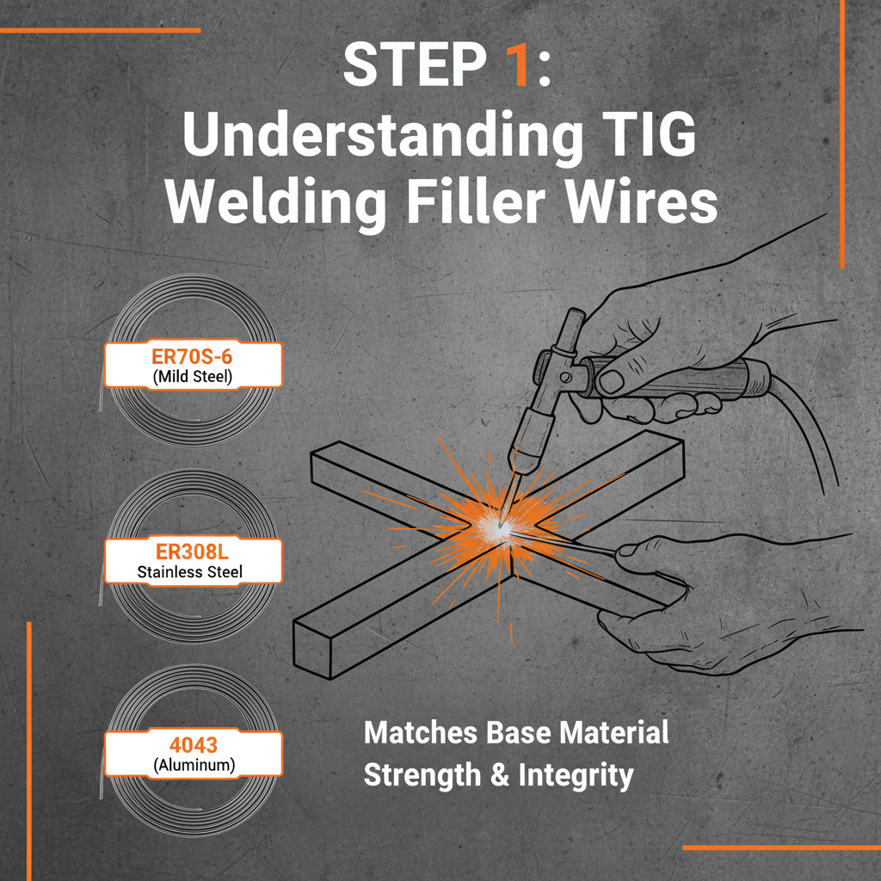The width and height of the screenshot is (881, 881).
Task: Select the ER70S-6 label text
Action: [193, 355]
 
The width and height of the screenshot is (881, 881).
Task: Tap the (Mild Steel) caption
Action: [193, 375]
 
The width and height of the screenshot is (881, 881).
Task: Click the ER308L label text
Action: [193, 551]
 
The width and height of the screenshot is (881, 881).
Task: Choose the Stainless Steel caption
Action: [193, 570]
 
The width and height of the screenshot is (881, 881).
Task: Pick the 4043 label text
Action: [193, 743]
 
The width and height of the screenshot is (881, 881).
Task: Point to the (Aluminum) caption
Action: [193, 763]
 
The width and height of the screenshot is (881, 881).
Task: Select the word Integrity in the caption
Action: [576, 774]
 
